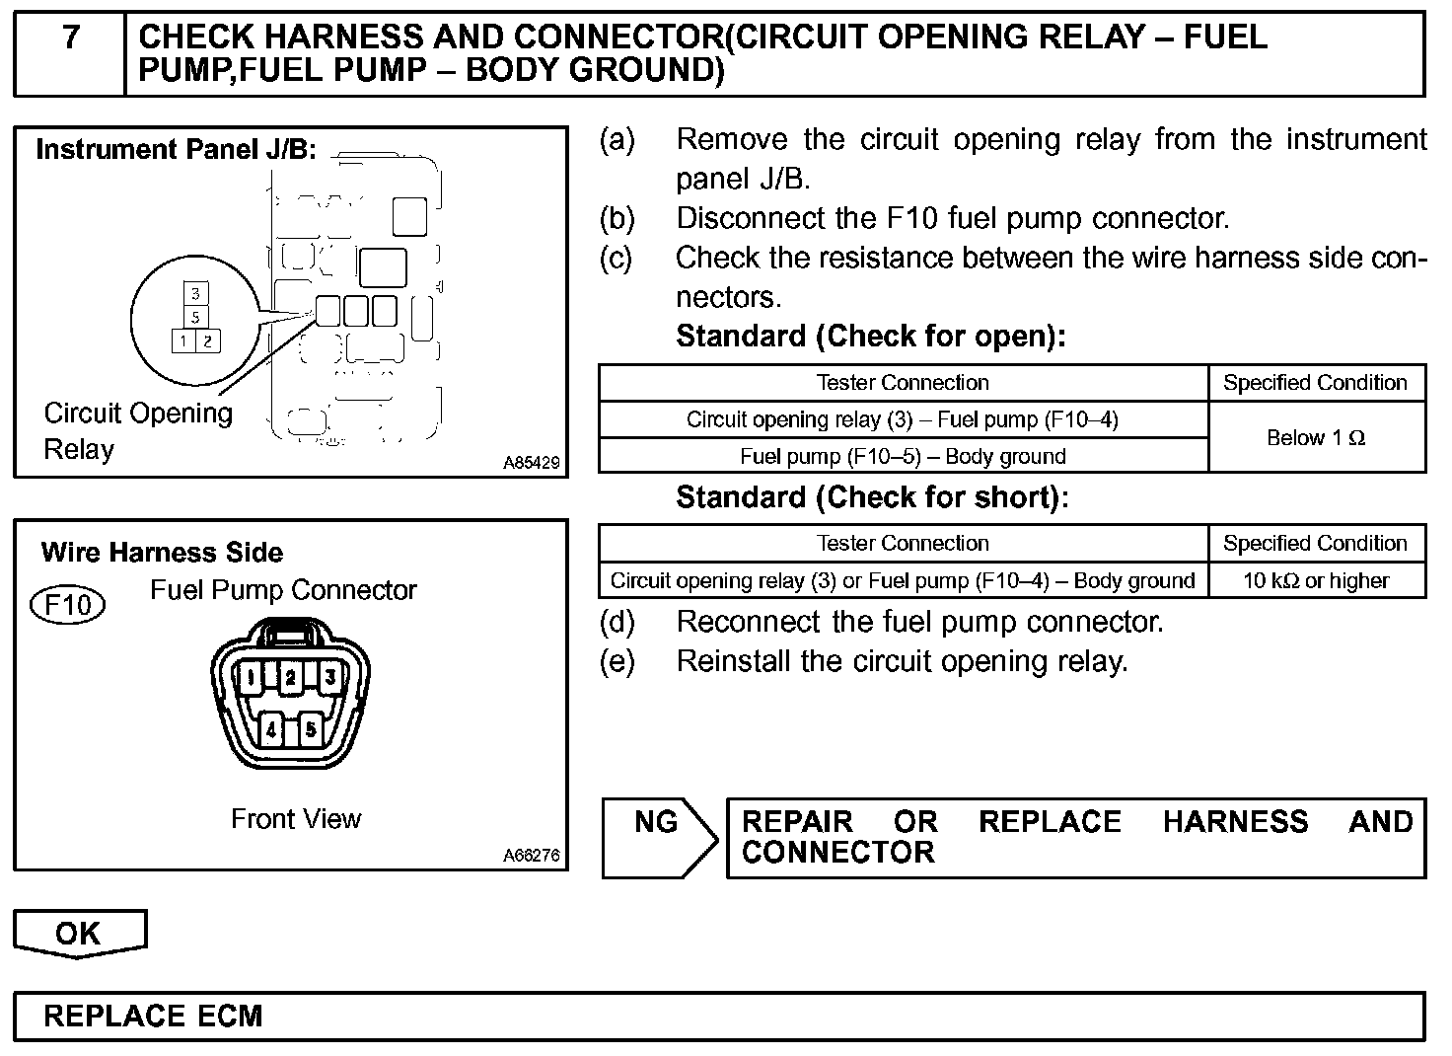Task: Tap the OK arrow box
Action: [x=79, y=933]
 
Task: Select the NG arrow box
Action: [x=659, y=837]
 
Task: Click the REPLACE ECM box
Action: [x=718, y=1017]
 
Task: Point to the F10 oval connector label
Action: [x=67, y=604]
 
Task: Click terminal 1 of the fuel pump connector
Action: [x=252, y=677]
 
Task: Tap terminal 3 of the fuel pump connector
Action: [x=330, y=677]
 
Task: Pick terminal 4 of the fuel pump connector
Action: [x=272, y=730]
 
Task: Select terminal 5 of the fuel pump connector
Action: [x=311, y=730]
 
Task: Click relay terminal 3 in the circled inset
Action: [x=196, y=293]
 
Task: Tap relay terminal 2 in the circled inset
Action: [x=207, y=340]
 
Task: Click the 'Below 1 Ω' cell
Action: [x=1316, y=438]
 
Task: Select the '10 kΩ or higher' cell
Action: [x=1316, y=580]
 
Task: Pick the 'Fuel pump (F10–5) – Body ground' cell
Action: [x=903, y=456]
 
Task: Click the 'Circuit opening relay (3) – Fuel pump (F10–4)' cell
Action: [x=903, y=419]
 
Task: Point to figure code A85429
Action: [x=532, y=462]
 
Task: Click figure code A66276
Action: [x=532, y=855]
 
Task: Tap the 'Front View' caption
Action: [x=296, y=818]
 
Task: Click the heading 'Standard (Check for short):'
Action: [x=872, y=497]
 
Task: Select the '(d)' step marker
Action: [x=617, y=622]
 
